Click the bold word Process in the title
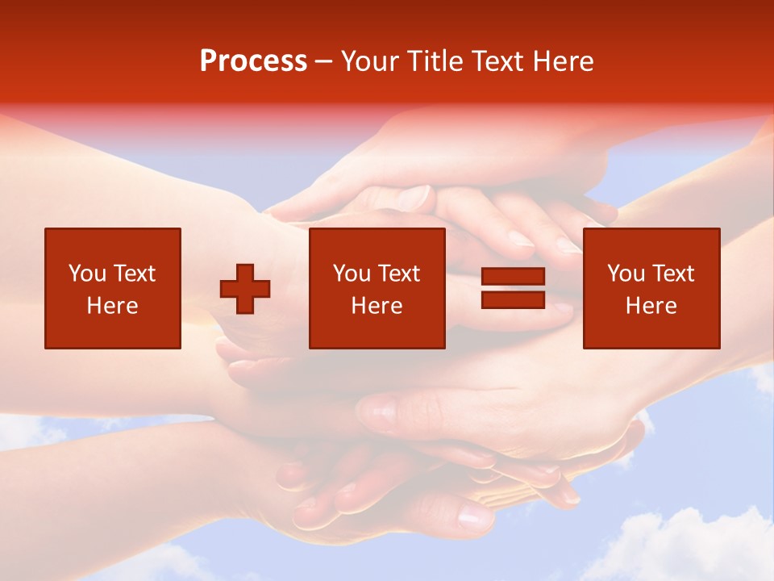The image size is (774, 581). (x=253, y=61)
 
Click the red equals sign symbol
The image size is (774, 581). (x=513, y=288)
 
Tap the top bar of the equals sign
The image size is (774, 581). (x=513, y=277)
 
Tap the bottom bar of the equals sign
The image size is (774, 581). (x=513, y=299)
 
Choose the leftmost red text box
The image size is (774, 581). (x=113, y=288)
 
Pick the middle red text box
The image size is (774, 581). (x=377, y=288)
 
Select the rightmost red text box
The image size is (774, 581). (x=651, y=288)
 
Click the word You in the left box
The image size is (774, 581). (x=87, y=274)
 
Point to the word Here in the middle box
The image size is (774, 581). (x=377, y=306)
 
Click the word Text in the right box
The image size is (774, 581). (x=672, y=274)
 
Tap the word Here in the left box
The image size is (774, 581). (x=113, y=306)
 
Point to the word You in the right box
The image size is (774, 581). (x=626, y=274)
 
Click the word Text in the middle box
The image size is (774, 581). (x=398, y=274)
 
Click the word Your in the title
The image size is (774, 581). (x=369, y=61)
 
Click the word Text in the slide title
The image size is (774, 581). (x=497, y=61)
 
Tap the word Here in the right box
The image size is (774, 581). (x=651, y=306)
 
